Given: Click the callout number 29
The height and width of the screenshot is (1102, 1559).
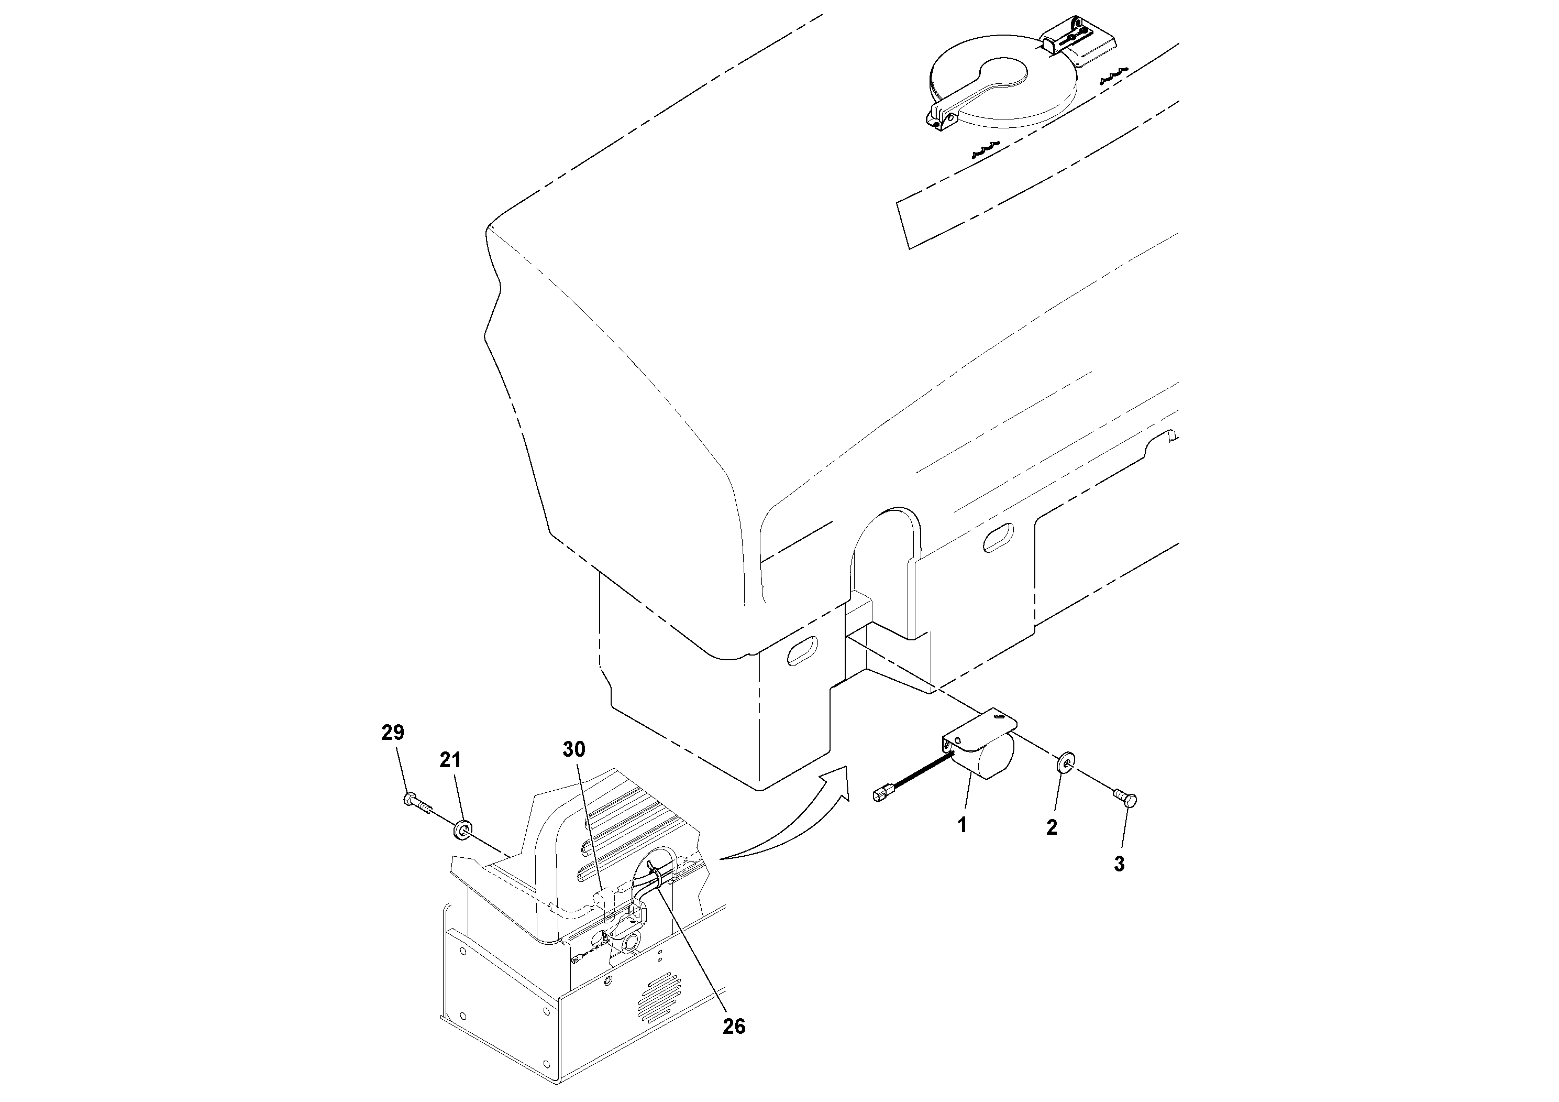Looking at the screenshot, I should coord(392,733).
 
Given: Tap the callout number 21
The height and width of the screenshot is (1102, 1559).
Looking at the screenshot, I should coord(450,760).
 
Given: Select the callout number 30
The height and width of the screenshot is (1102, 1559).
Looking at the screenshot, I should coord(574,749).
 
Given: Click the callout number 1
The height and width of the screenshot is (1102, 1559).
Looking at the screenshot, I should coord(961,825).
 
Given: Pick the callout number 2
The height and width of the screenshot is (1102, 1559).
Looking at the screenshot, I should coord(1052,827).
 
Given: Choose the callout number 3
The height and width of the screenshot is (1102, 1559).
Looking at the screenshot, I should coord(1119,864).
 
